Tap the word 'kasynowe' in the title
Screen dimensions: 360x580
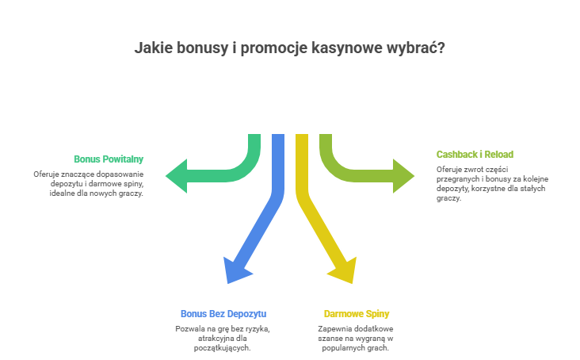pyautogui.click(x=344, y=48)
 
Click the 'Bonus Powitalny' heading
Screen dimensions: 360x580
pyautogui.click(x=109, y=159)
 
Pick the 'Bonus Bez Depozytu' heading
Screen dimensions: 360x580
pyautogui.click(x=223, y=313)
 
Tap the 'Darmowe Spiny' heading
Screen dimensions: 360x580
pyautogui.click(x=357, y=313)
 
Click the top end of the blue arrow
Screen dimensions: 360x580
pyautogui.click(x=277, y=139)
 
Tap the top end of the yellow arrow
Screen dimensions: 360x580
pyautogui.click(x=301, y=139)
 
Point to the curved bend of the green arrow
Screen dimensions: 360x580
pyautogui.click(x=248, y=163)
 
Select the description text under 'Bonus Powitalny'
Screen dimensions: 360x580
pyautogui.click(x=89, y=183)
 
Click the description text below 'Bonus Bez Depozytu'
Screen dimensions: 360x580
pyautogui.click(x=223, y=338)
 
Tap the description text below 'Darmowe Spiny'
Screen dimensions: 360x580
pyautogui.click(x=357, y=338)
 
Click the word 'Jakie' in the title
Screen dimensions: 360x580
pyautogui.click(x=154, y=48)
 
